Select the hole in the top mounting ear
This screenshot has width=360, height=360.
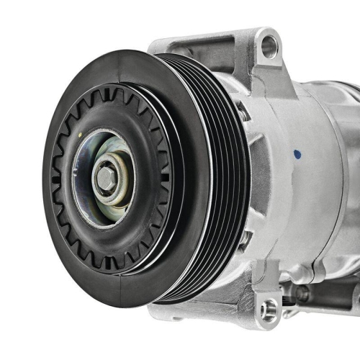[x=269, y=48]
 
